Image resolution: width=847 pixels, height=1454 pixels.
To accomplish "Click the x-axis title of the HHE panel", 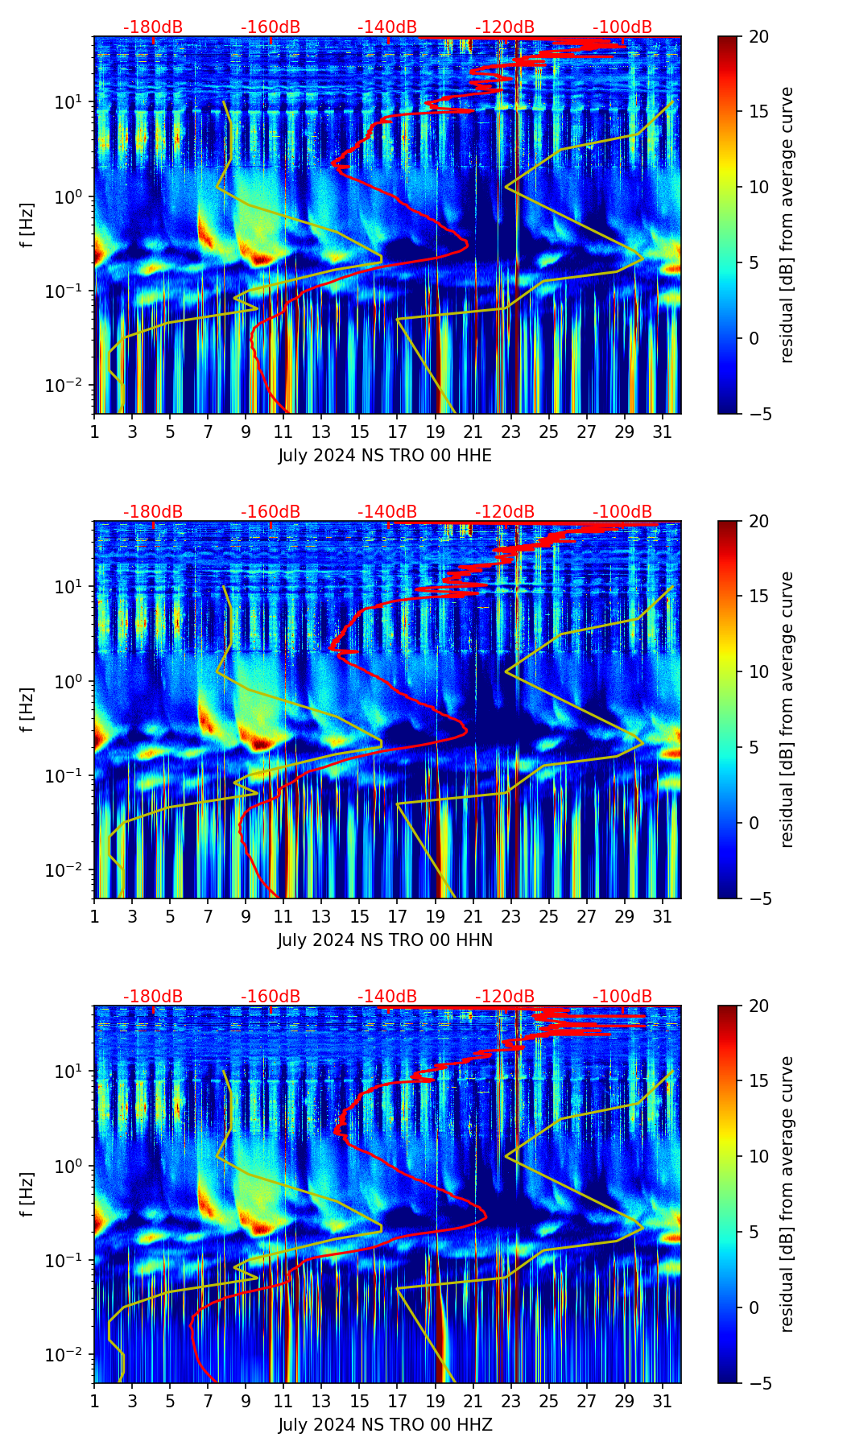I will tap(385, 456).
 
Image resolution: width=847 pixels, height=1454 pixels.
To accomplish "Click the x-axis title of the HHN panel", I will tap(385, 940).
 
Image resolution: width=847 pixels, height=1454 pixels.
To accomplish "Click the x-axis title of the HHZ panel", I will tap(385, 1425).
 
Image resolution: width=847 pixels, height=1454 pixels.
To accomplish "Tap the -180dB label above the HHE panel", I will tap(153, 27).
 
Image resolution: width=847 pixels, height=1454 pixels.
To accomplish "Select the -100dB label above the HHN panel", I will tap(622, 512).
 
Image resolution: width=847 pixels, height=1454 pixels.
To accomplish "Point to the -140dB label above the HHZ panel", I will tap(387, 997).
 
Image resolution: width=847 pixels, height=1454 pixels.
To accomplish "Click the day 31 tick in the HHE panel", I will tap(662, 432).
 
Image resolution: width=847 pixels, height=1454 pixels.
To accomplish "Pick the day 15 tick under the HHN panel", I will tap(359, 917).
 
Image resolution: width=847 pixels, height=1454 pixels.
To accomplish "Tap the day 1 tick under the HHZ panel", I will tap(94, 1402).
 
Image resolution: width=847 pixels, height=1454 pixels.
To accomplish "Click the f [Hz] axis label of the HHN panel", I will tap(28, 709).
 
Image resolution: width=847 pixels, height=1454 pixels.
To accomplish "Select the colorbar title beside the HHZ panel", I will tap(787, 1194).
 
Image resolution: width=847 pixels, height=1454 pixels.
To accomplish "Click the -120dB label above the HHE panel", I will tap(505, 27).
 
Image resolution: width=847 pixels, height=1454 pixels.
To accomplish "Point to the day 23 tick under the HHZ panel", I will tap(510, 1402).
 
